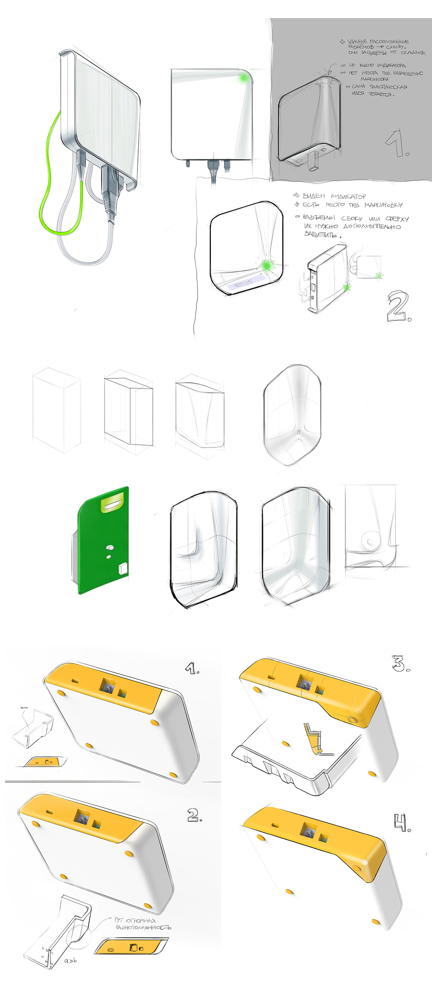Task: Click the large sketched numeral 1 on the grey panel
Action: [x=397, y=144]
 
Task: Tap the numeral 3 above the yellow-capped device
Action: [x=400, y=663]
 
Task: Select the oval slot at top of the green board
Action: [x=113, y=504]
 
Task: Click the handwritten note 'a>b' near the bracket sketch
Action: [x=70, y=961]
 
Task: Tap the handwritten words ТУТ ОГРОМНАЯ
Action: [x=135, y=920]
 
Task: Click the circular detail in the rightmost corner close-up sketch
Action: [x=370, y=541]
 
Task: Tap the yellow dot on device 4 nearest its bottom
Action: [x=375, y=922]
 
